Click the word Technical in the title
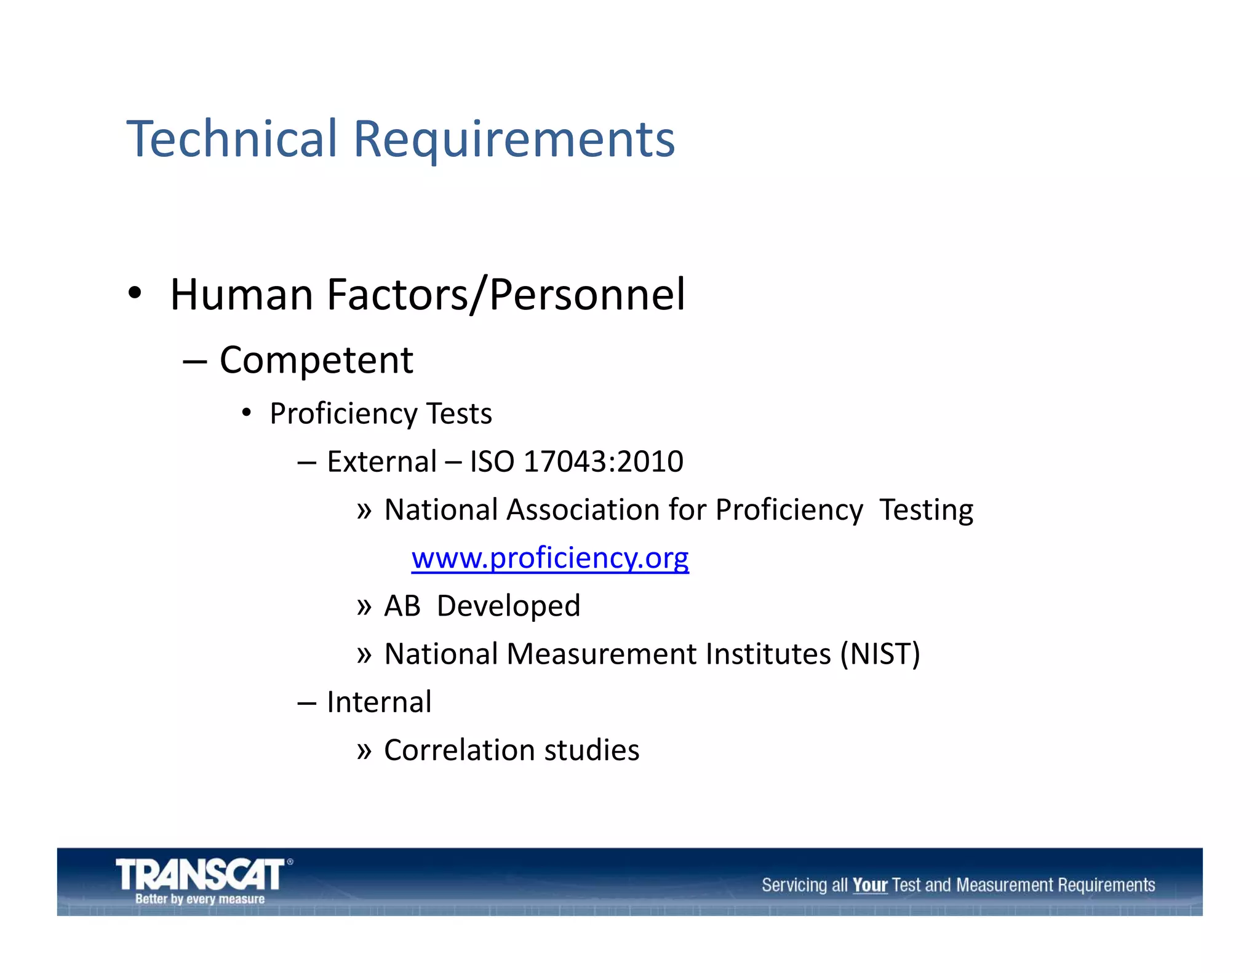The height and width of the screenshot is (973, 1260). (232, 139)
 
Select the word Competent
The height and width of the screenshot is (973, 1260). (316, 360)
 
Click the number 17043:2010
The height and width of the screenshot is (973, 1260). (604, 461)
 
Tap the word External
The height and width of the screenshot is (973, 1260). (381, 461)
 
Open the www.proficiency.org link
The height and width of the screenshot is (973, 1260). (550, 558)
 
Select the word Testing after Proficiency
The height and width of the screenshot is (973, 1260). (926, 510)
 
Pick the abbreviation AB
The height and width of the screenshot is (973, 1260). (402, 606)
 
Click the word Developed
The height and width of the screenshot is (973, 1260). (508, 606)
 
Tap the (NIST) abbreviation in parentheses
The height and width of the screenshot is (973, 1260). (880, 654)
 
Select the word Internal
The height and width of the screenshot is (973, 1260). (379, 702)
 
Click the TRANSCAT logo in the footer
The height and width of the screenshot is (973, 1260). (201, 874)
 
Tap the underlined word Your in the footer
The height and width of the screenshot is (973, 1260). (870, 885)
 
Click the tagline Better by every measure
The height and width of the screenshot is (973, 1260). (200, 899)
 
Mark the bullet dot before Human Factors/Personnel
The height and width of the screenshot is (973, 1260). (135, 294)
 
